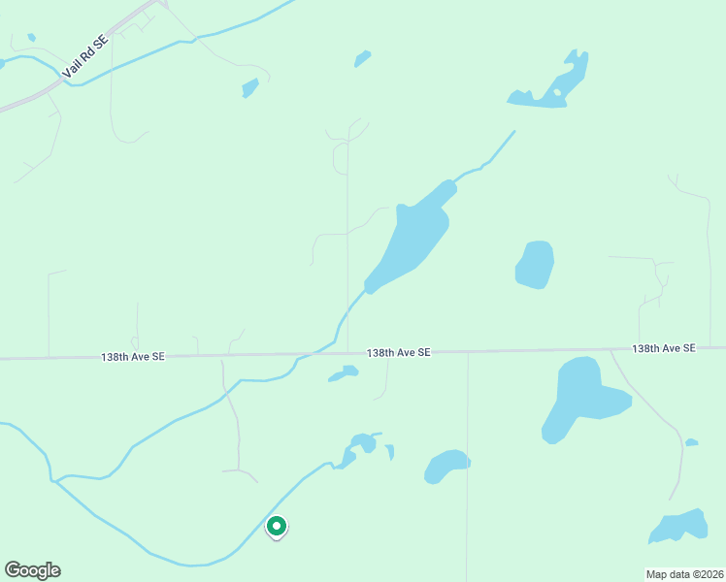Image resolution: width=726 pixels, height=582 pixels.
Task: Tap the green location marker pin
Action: (x=277, y=527)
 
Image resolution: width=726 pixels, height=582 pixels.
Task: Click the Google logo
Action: (x=32, y=570)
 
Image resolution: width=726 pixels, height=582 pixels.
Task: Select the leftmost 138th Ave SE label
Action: (x=132, y=357)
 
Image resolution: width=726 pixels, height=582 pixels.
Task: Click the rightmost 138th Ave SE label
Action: (x=664, y=347)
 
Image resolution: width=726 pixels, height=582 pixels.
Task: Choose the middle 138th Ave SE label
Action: (x=398, y=353)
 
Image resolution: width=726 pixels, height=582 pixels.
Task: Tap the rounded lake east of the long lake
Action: (x=535, y=265)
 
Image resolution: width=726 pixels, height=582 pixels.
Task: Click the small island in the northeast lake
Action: (x=556, y=94)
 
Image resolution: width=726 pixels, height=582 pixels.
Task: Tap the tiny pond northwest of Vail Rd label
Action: (x=32, y=37)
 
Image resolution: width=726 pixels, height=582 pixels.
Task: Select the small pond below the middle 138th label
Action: (x=344, y=373)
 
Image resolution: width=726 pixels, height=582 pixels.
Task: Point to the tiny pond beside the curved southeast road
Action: (x=691, y=443)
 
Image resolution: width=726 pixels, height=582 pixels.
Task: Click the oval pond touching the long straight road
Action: (x=446, y=467)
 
